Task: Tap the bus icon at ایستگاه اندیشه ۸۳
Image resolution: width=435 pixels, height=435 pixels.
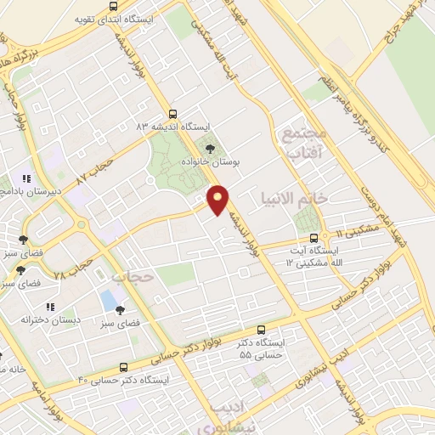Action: [173, 114]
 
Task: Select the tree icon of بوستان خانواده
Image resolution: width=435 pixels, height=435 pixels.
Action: [211, 148]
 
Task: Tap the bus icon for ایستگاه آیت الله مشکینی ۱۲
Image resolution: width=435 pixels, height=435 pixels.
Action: [314, 237]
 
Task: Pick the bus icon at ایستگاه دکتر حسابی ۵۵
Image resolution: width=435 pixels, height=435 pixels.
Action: [261, 329]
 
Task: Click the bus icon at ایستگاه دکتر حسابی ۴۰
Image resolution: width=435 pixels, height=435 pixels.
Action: [125, 368]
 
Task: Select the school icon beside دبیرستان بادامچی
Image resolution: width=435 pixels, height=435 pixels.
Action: [27, 179]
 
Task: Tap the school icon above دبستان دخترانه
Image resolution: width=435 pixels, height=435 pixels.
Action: [51, 306]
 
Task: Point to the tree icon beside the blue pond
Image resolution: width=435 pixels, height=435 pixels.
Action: [120, 310]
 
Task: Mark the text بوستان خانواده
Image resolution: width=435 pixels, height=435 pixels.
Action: [209, 161]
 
